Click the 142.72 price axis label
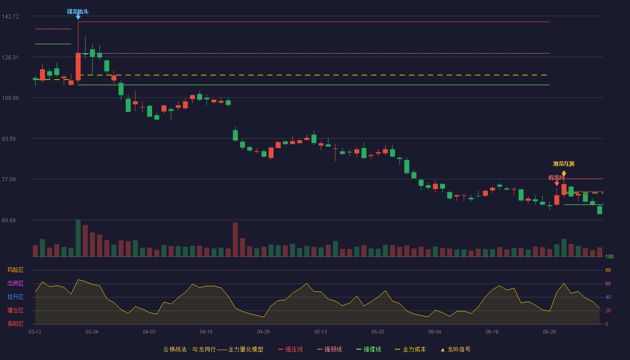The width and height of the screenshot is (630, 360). point(10,17)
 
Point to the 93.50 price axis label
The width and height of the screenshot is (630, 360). point(9,139)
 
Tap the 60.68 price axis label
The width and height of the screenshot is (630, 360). point(9,220)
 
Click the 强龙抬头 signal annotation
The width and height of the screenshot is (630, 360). point(77,12)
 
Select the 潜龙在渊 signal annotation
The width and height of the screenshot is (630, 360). point(563,164)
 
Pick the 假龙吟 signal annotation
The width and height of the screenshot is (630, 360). point(556,177)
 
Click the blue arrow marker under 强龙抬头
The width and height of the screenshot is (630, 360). point(78,18)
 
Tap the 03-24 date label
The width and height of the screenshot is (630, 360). point(92,332)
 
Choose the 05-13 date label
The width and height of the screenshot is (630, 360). point(320,332)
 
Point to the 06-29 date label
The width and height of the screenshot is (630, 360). point(549,332)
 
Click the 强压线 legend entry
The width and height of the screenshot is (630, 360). point(291,349)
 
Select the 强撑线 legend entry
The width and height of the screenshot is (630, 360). point(369,349)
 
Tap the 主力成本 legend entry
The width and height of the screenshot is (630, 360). point(410,349)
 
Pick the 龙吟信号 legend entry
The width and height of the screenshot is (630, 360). point(455,349)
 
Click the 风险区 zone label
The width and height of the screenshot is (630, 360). point(15,270)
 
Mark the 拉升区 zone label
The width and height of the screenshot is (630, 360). point(15,297)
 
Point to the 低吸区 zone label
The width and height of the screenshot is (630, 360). point(15,324)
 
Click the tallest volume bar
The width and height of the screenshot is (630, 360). point(78,238)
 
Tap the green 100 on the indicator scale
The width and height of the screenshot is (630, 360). point(609,256)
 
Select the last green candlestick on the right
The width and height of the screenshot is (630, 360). point(599,210)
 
